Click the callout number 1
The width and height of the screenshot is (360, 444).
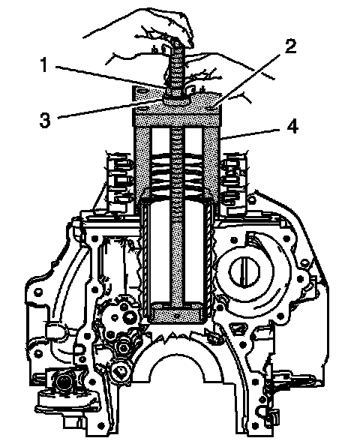(44, 64)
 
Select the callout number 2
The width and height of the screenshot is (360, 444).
(290, 46)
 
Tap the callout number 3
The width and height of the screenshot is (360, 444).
(45, 120)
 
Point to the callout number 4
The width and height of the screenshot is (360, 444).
(292, 126)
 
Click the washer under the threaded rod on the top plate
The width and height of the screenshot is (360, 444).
(177, 100)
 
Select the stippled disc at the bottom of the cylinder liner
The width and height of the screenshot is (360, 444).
(177, 313)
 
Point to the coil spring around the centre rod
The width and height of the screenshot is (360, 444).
(178, 172)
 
